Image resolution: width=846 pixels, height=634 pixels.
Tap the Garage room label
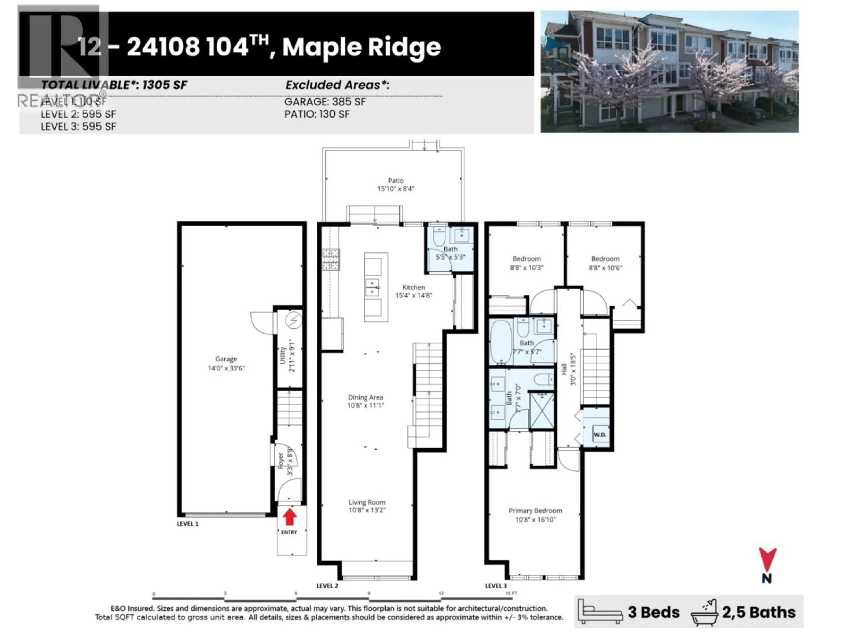[x=226, y=359]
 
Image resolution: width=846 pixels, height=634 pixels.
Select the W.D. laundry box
[x=599, y=435]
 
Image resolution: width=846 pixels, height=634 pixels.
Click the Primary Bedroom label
[x=535, y=511]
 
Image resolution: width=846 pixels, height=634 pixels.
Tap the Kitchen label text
[x=414, y=287]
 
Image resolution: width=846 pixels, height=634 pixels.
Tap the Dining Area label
[x=365, y=397]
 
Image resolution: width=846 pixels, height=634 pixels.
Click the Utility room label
[x=283, y=355]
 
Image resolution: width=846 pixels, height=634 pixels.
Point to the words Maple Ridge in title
[x=362, y=47]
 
